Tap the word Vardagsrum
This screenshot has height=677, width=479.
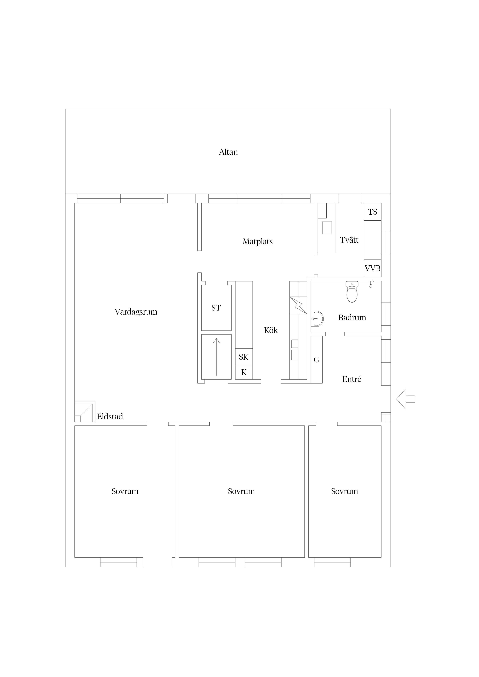coord(136,312)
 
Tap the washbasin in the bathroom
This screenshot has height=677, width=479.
coord(317,319)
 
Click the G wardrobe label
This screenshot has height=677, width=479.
coord(316,360)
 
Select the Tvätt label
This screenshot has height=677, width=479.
coord(349,240)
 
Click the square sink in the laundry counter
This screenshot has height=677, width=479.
coord(327,228)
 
